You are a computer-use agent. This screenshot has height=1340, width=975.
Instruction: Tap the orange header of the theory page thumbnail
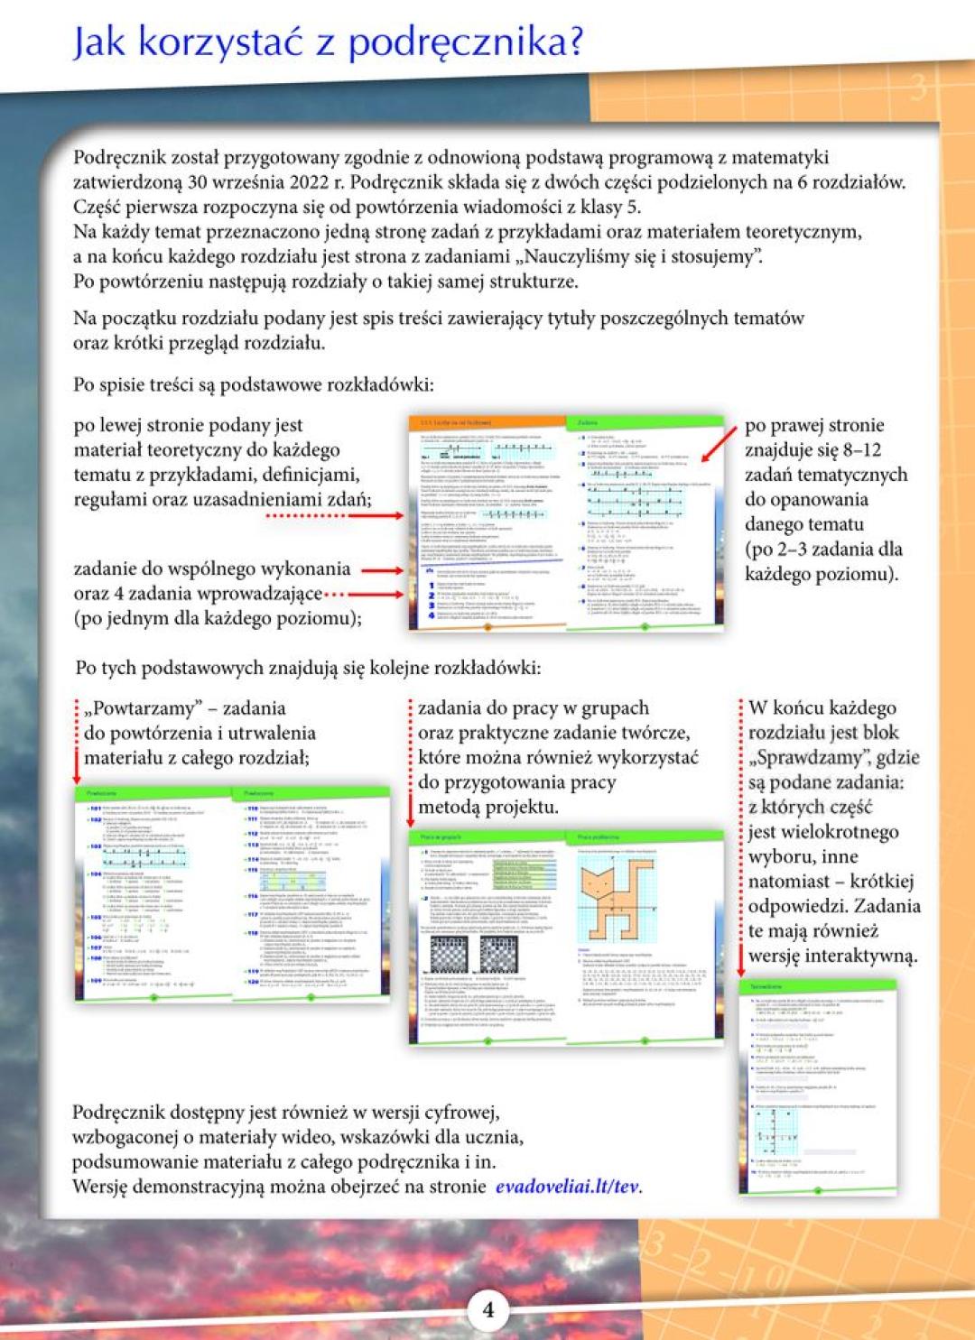pos(486,421)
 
